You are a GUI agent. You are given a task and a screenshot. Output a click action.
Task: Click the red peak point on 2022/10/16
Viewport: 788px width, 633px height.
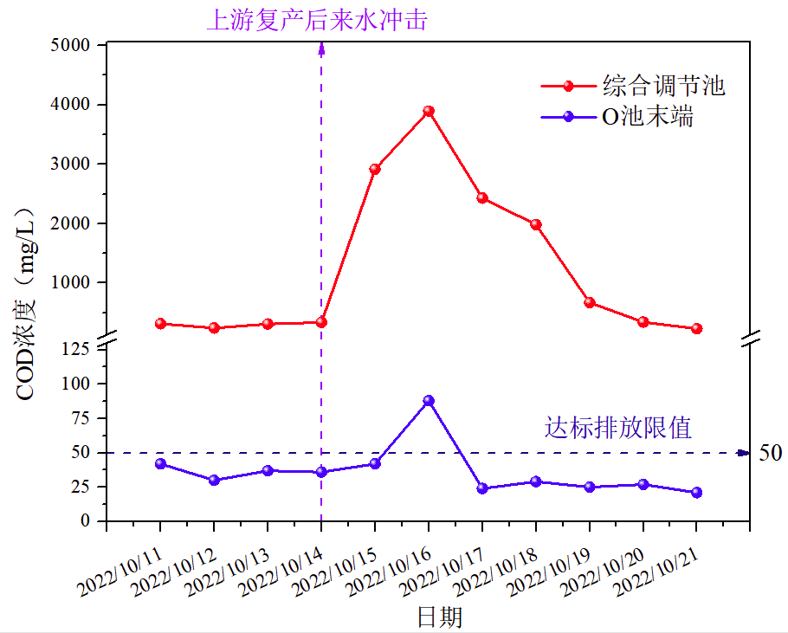[429, 111]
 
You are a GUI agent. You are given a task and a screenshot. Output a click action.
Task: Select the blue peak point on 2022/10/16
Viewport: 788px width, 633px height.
[429, 401]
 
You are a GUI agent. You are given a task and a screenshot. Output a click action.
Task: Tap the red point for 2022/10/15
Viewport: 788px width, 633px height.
[375, 169]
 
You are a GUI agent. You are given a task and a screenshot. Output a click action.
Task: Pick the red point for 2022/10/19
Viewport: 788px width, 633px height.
[590, 302]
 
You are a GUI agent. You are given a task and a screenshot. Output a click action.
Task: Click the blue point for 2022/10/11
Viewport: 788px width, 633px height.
[160, 463]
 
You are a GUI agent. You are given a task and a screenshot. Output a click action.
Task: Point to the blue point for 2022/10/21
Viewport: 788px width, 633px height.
[696, 492]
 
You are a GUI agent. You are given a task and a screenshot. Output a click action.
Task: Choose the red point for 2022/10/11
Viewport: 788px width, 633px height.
[160, 323]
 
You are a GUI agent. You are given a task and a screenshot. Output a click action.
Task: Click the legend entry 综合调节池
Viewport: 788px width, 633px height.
[663, 86]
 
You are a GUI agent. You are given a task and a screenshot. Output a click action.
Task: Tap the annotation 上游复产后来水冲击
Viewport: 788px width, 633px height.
[316, 20]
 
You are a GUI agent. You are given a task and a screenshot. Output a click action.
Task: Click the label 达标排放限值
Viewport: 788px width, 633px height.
[618, 427]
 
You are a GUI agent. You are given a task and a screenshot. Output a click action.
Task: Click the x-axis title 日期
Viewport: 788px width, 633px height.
[440, 617]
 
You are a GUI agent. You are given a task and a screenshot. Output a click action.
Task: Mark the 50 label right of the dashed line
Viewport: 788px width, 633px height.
[770, 453]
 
